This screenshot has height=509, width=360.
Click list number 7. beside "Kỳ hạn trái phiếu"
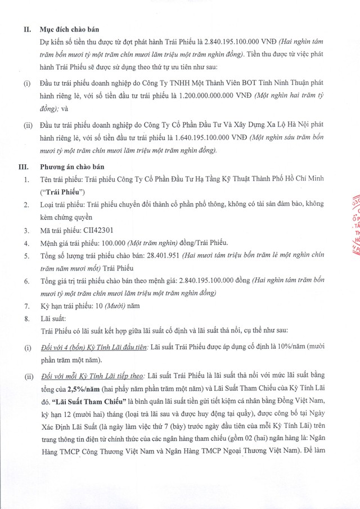[26, 307]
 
